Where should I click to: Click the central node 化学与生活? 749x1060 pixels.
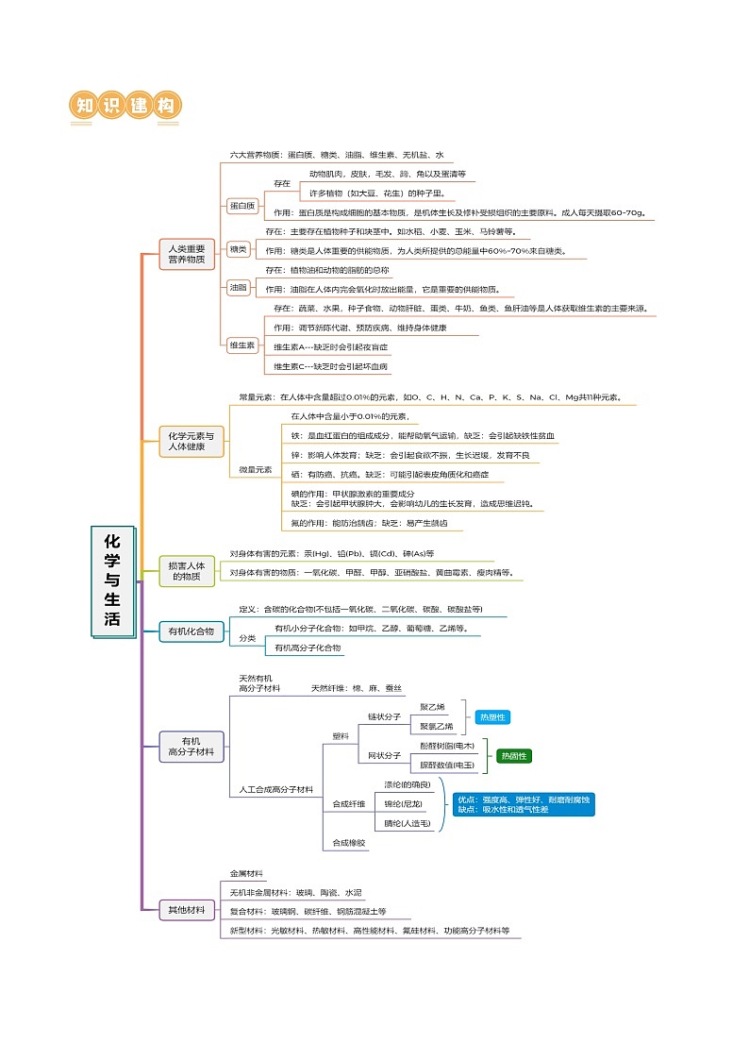click(112, 582)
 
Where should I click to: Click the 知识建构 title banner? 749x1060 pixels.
click(125, 106)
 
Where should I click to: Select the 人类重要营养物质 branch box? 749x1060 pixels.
click(187, 254)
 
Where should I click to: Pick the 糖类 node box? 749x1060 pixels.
click(238, 249)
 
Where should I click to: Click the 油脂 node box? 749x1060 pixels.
click(238, 287)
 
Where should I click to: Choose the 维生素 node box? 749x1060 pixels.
click(241, 345)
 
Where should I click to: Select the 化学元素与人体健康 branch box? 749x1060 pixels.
click(191, 441)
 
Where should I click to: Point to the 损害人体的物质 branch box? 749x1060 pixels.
click(186, 570)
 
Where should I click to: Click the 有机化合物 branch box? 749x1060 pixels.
click(191, 631)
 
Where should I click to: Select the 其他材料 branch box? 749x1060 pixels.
click(186, 910)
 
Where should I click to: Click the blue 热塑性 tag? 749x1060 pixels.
click(493, 717)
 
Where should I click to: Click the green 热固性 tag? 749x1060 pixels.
click(514, 756)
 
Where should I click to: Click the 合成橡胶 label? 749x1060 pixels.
click(349, 842)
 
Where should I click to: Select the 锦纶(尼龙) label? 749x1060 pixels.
click(404, 804)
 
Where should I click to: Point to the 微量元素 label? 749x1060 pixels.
click(255, 469)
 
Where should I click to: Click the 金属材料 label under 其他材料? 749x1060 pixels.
click(247, 874)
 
